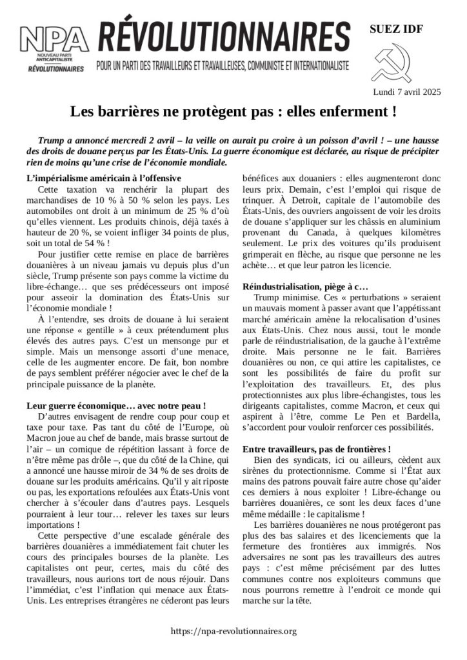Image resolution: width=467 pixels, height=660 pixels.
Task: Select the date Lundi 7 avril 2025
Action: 406,92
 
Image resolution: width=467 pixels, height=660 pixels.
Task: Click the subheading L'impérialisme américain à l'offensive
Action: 104,178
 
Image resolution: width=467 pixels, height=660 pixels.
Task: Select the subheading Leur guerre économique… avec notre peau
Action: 116,406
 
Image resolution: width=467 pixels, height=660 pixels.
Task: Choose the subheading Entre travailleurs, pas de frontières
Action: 316,448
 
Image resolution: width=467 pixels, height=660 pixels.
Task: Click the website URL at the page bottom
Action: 234,631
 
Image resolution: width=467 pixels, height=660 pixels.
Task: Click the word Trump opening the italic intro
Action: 52,140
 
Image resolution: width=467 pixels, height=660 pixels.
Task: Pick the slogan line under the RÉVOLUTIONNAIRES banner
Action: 222,66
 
